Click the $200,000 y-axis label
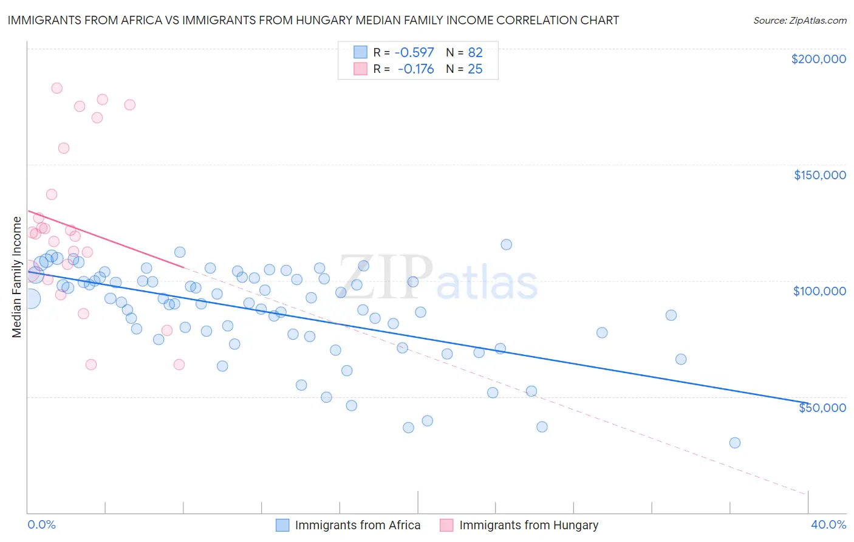pyautogui.click(x=818, y=59)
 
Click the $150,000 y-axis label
pyautogui.click(x=819, y=175)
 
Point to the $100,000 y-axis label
pyautogui.click(x=819, y=291)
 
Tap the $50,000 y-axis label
pyautogui.click(x=822, y=408)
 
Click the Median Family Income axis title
pyautogui.click(x=16, y=276)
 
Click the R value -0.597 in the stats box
pyautogui.click(x=414, y=53)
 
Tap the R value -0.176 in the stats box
pyautogui.click(x=415, y=69)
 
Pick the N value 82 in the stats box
pyautogui.click(x=475, y=53)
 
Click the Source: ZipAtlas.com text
pyautogui.click(x=799, y=20)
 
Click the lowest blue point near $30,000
pyautogui.click(x=734, y=443)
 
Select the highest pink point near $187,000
pyautogui.click(x=56, y=88)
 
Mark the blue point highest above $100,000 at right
pyautogui.click(x=506, y=245)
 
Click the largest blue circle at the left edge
pyautogui.click(x=30, y=298)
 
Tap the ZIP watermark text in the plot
pyautogui.click(x=386, y=277)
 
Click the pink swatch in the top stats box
pyautogui.click(x=360, y=69)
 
